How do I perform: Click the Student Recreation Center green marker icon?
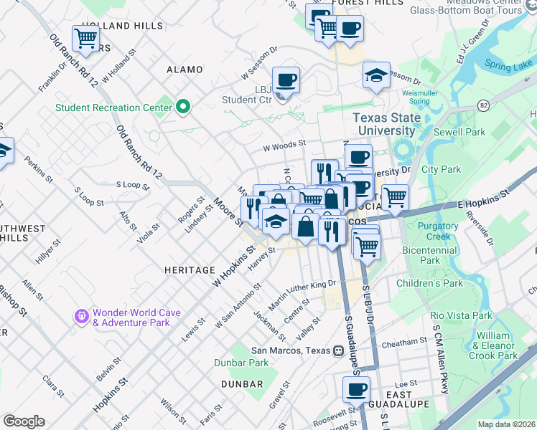click(x=183, y=107)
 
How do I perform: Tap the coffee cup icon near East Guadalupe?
click(x=355, y=389)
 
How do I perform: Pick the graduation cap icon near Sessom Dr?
click(x=375, y=75)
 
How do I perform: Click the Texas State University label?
click(x=383, y=124)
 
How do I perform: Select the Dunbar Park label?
click(x=241, y=363)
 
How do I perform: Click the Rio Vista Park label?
click(x=461, y=315)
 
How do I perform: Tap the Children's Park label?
click(x=429, y=283)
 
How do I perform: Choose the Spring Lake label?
click(x=508, y=65)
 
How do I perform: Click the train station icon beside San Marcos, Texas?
click(x=338, y=351)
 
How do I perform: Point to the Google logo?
click(x=24, y=421)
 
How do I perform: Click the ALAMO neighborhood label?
click(x=185, y=70)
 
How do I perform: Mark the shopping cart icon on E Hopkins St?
click(x=394, y=196)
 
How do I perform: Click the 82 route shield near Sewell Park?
click(x=483, y=105)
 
